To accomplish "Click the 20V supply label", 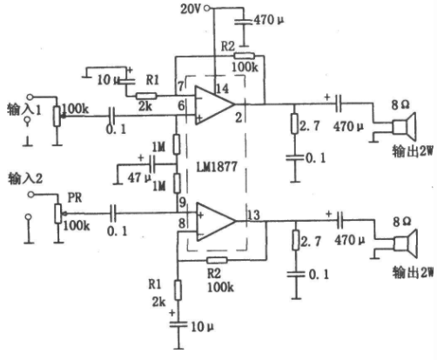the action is (191, 9).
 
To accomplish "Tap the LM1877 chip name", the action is (217, 167).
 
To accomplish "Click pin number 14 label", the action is (222, 88).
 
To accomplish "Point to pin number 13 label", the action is (253, 215).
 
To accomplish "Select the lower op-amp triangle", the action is (216, 222).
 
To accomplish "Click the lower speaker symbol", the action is (406, 244).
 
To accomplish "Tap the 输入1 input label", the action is (24, 110).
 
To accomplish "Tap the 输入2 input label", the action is (25, 178).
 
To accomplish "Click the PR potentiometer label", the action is (75, 197).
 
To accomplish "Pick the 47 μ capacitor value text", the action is (139, 177).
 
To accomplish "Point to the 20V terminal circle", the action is (207, 9).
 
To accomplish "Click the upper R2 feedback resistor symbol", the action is (245, 56).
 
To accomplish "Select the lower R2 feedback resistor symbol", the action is (217, 260).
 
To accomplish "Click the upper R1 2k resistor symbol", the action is (146, 96).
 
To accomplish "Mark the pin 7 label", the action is (180, 86).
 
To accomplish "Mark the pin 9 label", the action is (182, 203).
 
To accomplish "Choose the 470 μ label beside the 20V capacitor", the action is (269, 20).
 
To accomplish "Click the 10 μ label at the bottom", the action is (202, 327).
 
